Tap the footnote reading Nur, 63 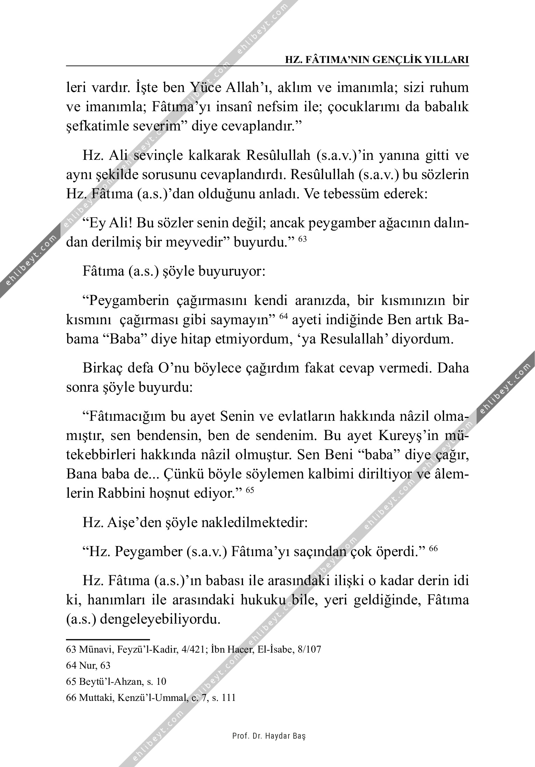[88, 666]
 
